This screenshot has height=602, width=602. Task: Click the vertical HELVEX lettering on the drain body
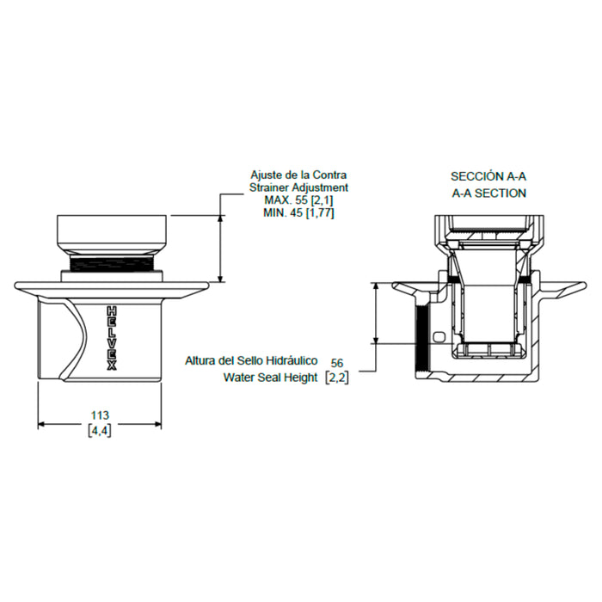click(111, 339)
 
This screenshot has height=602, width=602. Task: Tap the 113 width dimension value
click(100, 415)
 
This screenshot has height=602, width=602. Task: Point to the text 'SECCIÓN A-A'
click(488, 176)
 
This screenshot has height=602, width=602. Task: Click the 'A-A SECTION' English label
click(488, 193)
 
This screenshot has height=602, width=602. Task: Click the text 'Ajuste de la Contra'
click(298, 175)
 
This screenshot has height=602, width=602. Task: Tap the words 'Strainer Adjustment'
click(298, 187)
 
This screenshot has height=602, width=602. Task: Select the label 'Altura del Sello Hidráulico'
click(251, 361)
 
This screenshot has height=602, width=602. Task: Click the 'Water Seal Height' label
click(270, 378)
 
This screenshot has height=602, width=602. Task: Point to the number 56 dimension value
click(337, 363)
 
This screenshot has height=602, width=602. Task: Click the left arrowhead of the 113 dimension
click(41, 424)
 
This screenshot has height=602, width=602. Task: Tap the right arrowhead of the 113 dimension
click(157, 424)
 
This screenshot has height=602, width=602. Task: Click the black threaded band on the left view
click(112, 264)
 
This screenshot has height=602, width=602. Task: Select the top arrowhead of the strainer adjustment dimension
click(220, 218)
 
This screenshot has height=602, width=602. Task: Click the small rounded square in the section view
click(439, 337)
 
